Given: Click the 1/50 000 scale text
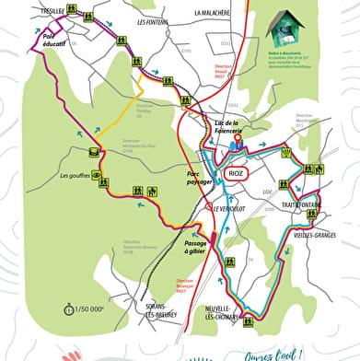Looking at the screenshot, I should point(90,309).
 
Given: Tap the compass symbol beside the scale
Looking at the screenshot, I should point(67,309).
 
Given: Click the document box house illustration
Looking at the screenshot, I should point(286,29).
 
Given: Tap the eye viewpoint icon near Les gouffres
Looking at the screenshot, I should point(94,153).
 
